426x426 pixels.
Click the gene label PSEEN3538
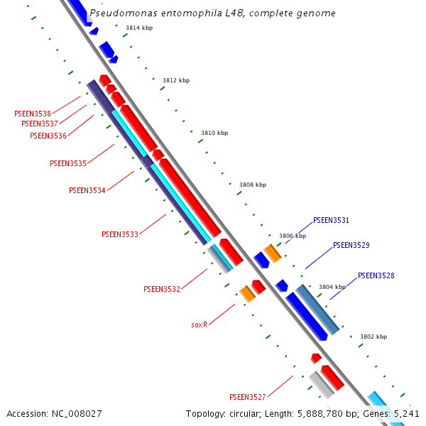(x=33, y=114)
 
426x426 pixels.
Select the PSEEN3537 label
(x=40, y=124)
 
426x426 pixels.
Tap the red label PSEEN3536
(x=48, y=136)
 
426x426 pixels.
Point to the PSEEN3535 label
(x=68, y=163)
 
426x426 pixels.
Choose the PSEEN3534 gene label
(x=87, y=190)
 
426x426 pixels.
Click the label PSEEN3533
(x=120, y=234)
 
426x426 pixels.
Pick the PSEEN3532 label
(x=162, y=289)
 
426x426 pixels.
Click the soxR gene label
(x=200, y=324)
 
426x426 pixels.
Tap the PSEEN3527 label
(x=248, y=396)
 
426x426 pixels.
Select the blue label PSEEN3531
(x=332, y=221)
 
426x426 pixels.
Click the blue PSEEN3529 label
(x=351, y=246)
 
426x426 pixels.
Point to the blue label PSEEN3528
(x=376, y=275)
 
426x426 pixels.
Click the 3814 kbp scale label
(x=139, y=28)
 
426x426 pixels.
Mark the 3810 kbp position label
(x=214, y=133)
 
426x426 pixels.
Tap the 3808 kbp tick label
(x=253, y=185)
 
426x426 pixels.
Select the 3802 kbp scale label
(x=373, y=337)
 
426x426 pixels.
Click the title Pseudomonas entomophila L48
(x=212, y=13)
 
